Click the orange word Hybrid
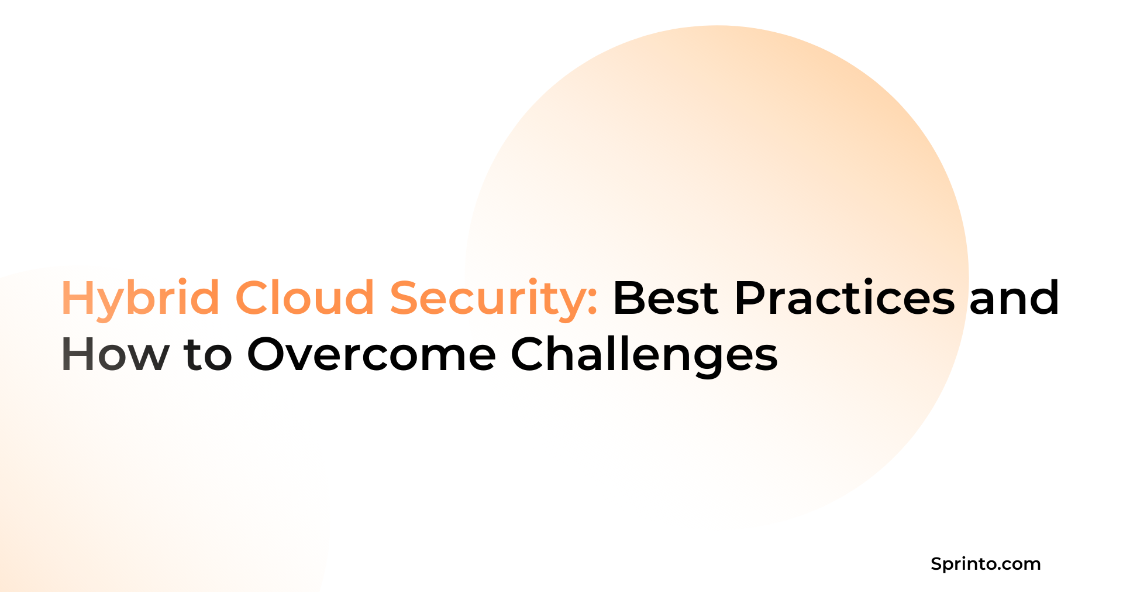tap(140, 299)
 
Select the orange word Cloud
tap(305, 297)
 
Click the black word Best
tap(665, 297)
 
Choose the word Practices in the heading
tap(845, 297)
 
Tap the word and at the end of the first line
tap(1014, 297)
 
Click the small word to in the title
tap(208, 355)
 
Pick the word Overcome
tap(371, 354)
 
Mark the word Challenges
tap(644, 354)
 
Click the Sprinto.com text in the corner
tap(986, 564)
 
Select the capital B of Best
tap(629, 297)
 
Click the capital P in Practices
tap(750, 297)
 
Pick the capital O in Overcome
tap(270, 354)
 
